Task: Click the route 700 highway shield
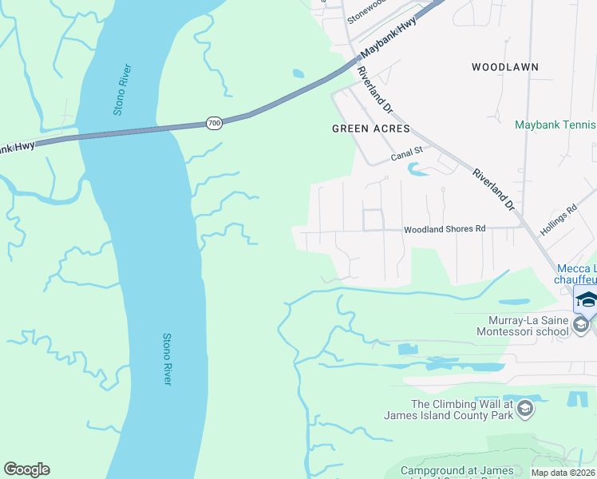[214, 123]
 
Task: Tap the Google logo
[26, 469]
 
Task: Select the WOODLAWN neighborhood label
[504, 67]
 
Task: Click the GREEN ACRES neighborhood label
[370, 129]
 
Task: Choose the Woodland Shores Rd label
[445, 229]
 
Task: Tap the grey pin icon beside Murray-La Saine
[582, 324]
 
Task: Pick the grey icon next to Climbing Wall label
[524, 410]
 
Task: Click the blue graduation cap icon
[586, 299]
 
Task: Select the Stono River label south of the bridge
[167, 359]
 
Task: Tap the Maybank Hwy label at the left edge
[16, 148]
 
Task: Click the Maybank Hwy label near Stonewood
[388, 39]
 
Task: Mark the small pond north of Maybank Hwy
[298, 73]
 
